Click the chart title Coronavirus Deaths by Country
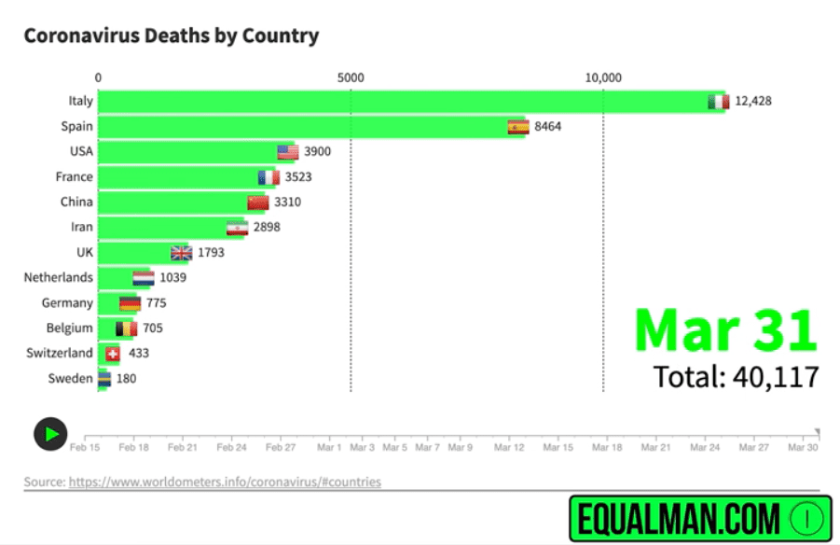coord(171,36)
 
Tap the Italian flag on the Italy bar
coord(718,102)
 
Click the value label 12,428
coord(753,102)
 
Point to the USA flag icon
coord(287,152)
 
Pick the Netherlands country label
coord(58,277)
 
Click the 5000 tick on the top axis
coord(351,78)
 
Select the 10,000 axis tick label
coord(603,78)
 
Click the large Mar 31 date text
coord(725,329)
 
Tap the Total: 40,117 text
coord(736,377)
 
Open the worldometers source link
coord(225,482)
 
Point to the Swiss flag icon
coord(113,354)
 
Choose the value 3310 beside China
coord(287,203)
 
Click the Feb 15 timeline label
coord(85,448)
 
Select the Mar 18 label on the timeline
coord(608,448)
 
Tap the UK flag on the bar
coord(181,253)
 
